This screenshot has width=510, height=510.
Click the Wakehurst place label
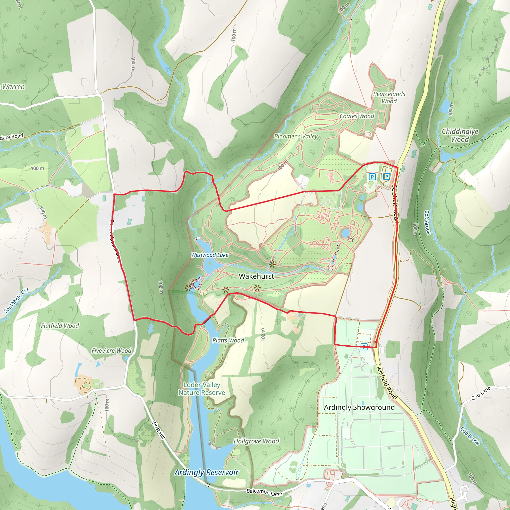click(256, 276)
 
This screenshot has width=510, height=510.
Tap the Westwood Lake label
click(210, 255)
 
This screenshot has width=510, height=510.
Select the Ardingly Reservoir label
click(206, 472)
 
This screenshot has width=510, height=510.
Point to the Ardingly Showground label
click(359, 407)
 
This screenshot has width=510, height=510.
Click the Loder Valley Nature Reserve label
click(202, 388)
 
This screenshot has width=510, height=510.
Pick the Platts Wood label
click(228, 340)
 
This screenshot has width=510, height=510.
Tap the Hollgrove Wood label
click(256, 441)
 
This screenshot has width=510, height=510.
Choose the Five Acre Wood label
click(111, 351)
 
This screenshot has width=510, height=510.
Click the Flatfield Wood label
click(60, 326)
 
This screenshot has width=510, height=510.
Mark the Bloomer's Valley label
click(296, 136)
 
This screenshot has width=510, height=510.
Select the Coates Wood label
click(357, 116)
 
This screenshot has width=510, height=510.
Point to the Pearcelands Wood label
click(389, 97)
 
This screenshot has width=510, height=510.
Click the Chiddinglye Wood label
click(460, 135)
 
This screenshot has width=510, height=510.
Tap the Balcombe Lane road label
click(264, 492)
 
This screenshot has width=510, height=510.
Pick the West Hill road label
click(158, 430)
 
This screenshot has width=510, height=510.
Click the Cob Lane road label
click(481, 393)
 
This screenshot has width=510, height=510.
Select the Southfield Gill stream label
click(16, 301)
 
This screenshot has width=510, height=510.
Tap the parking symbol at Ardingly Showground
click(364, 347)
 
